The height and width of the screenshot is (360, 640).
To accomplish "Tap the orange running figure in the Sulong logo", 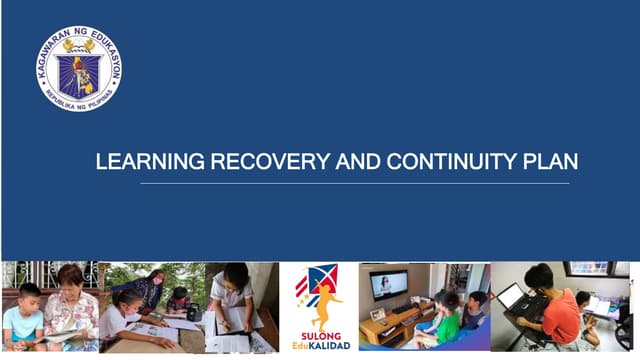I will [x=324, y=301].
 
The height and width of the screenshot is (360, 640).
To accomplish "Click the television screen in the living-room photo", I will [x=389, y=283].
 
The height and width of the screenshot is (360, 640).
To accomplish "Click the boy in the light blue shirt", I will [x=22, y=320].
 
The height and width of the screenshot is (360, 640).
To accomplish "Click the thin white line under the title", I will [x=355, y=183].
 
